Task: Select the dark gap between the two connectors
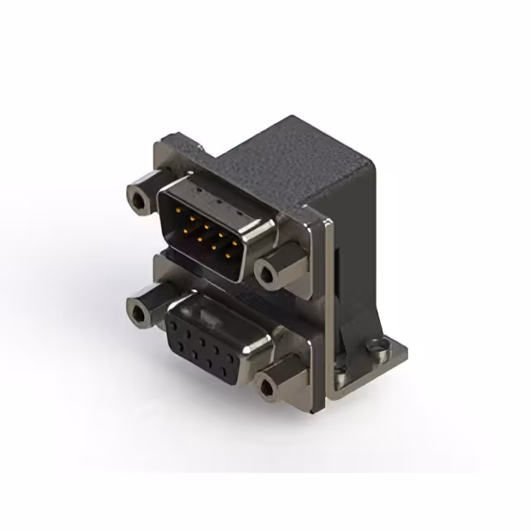click(x=216, y=286)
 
